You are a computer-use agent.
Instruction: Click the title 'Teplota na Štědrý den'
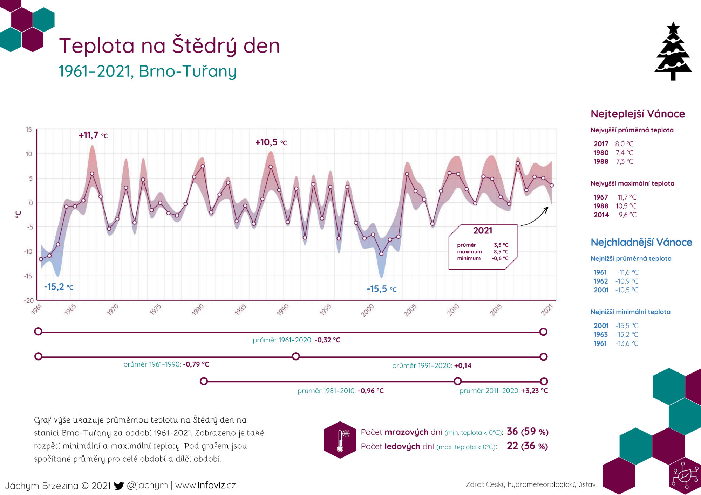(x=170, y=46)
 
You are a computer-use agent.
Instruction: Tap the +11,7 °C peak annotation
(x=93, y=135)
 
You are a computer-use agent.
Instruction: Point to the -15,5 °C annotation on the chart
(x=382, y=289)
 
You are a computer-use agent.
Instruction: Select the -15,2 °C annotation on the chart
(x=59, y=287)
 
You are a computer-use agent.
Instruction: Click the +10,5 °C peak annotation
(x=271, y=142)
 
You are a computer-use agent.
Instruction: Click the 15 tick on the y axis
(x=29, y=130)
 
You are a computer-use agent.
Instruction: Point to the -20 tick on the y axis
(x=29, y=301)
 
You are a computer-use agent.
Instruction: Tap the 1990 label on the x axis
(x=283, y=309)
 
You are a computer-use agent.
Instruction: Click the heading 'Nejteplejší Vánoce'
(x=638, y=114)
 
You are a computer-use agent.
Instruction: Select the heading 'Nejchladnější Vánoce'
(x=641, y=242)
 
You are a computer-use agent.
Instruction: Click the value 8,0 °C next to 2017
(x=624, y=144)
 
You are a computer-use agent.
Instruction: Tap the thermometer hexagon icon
(x=340, y=440)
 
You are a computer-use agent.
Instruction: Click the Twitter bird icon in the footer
(x=119, y=486)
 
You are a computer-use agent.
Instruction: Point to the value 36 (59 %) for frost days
(x=528, y=432)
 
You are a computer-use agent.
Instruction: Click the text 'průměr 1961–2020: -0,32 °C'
(x=297, y=340)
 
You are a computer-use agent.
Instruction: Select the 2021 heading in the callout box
(x=483, y=231)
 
